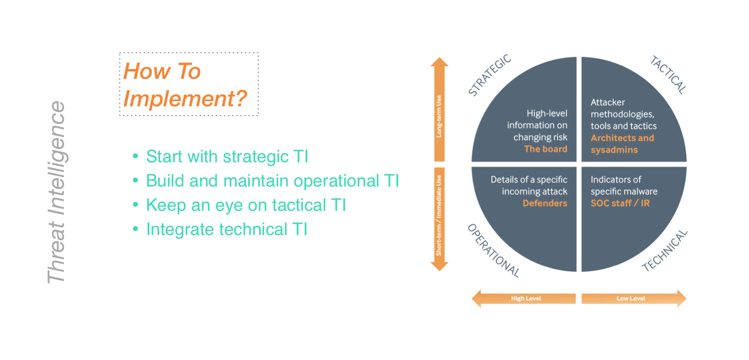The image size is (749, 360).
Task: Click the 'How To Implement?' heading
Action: (x=186, y=85)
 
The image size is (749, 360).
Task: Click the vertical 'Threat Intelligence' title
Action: (x=56, y=192)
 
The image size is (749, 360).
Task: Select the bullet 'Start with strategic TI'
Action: (x=227, y=157)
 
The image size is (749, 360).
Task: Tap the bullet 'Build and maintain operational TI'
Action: (x=272, y=181)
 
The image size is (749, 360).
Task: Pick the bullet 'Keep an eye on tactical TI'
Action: (x=246, y=205)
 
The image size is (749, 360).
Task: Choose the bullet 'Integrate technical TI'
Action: (x=227, y=229)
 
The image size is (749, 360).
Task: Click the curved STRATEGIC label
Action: (x=489, y=75)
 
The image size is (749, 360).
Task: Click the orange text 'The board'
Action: (x=545, y=149)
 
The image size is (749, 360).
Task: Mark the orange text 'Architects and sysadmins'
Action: (x=622, y=144)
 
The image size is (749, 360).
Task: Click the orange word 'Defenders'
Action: (x=545, y=203)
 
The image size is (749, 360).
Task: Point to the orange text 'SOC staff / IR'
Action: (x=620, y=203)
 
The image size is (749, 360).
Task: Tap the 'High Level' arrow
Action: (x=525, y=298)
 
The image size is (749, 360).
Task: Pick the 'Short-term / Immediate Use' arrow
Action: (x=439, y=217)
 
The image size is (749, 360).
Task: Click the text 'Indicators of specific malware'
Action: (x=624, y=186)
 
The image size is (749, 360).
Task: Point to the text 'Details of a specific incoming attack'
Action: (x=529, y=186)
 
